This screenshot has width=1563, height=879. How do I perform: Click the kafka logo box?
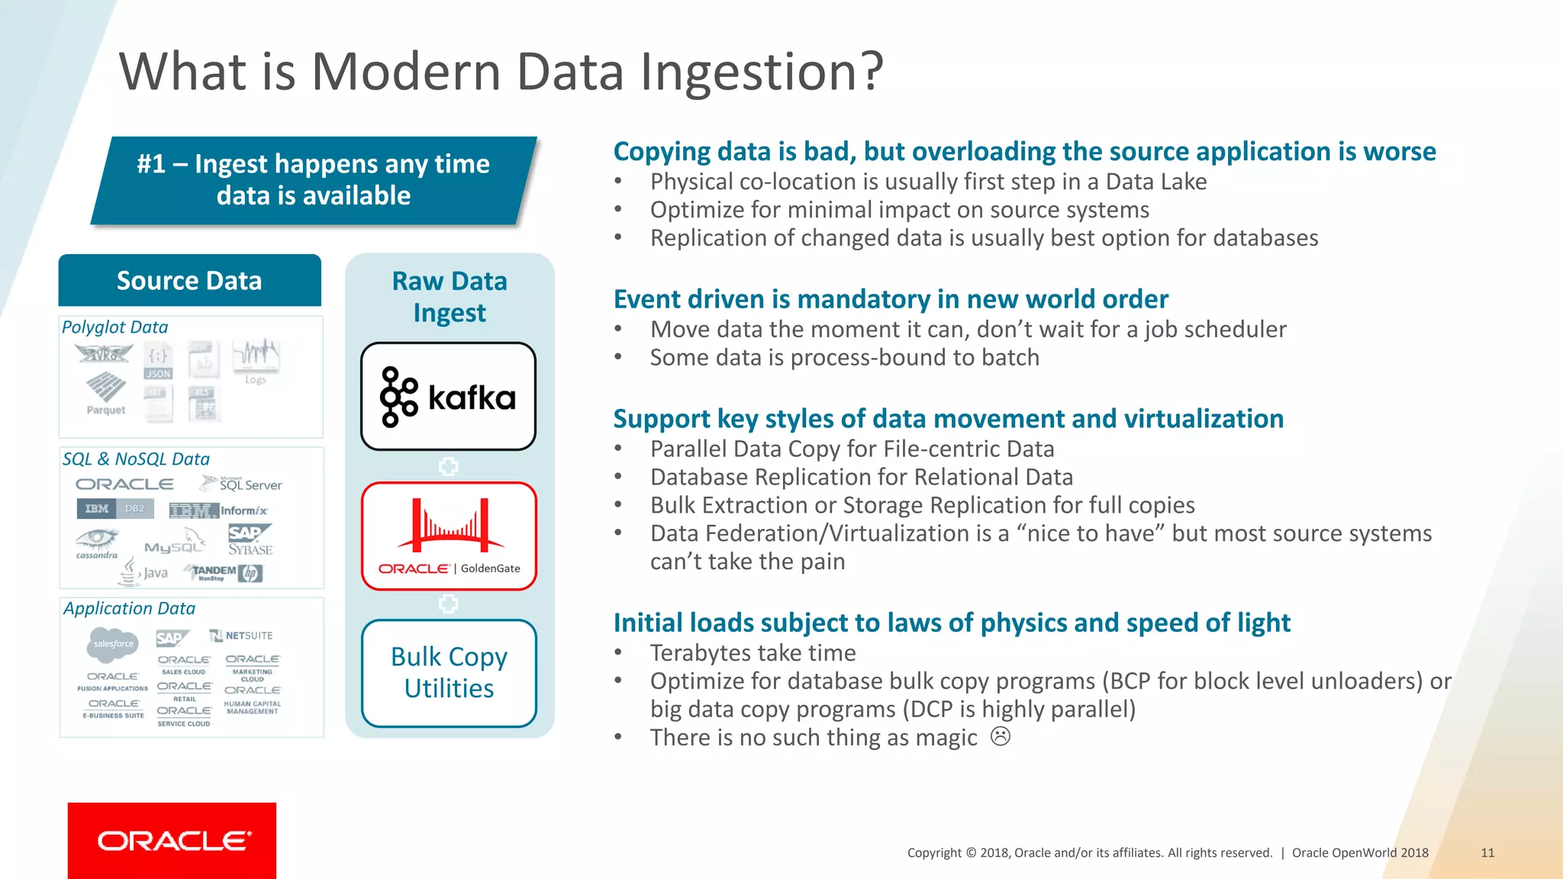[448, 396]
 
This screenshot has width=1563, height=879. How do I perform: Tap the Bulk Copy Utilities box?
[449, 673]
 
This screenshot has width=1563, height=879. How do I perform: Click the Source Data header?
[189, 280]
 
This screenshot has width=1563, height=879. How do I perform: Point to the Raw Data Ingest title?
[450, 297]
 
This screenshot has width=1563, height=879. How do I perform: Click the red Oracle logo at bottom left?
[172, 840]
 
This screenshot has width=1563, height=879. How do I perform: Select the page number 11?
[1487, 853]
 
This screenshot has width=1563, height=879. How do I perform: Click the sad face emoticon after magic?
[1000, 737]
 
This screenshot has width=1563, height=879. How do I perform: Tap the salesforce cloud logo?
[113, 644]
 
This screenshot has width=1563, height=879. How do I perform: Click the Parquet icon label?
[105, 410]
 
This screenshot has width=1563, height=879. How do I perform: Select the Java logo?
[144, 572]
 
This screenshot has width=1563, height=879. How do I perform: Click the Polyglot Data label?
[114, 327]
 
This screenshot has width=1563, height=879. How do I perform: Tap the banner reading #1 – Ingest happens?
[313, 180]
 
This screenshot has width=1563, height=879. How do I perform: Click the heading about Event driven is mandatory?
[890, 299]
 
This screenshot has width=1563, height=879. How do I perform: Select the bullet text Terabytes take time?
[752, 653]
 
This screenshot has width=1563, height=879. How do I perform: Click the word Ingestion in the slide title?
[761, 72]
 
